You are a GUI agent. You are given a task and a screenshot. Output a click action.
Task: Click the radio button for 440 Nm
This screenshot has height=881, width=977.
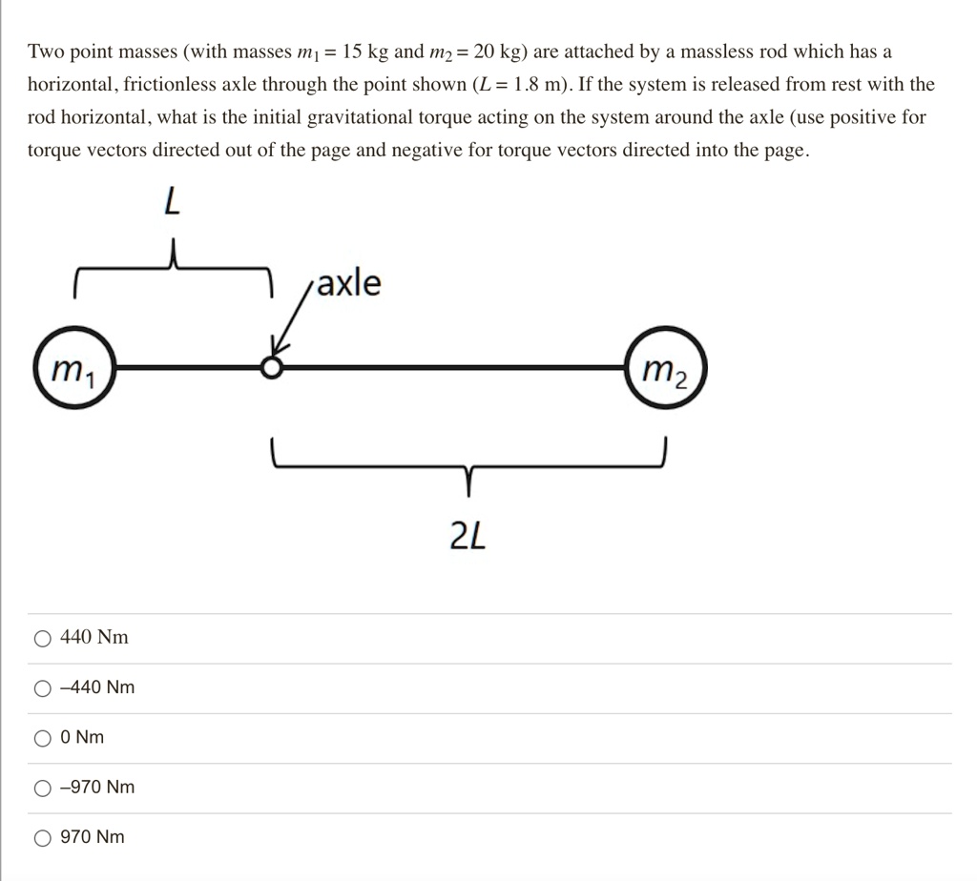[x=42, y=638]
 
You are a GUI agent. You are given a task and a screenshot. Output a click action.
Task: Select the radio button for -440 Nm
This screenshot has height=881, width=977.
[x=42, y=687]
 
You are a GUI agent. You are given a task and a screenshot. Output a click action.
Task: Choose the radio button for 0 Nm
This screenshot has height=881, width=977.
[x=42, y=738]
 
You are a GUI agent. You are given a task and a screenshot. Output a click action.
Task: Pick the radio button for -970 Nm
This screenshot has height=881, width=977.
[x=42, y=788]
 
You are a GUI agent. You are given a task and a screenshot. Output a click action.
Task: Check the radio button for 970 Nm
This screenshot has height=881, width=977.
[x=42, y=838]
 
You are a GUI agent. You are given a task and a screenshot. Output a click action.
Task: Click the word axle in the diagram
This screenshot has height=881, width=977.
[x=348, y=283]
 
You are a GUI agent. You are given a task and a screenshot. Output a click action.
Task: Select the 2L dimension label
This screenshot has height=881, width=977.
[x=468, y=538]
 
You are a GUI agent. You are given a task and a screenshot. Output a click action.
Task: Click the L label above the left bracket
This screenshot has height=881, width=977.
[x=171, y=201]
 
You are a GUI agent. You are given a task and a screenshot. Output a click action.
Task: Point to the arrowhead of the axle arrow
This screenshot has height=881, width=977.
[x=278, y=347]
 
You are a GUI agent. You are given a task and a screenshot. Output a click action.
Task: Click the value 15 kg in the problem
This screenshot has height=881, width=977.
[x=366, y=51]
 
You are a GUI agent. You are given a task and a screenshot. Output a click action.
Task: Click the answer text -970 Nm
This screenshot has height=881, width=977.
[x=96, y=788]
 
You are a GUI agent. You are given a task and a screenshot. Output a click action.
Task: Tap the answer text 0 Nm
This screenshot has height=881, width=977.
[x=82, y=738]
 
